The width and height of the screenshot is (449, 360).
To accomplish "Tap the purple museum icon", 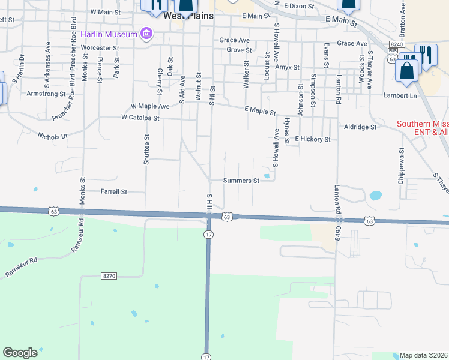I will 145,34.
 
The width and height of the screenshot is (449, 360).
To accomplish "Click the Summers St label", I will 241,180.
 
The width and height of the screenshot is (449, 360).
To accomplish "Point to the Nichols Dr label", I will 53,136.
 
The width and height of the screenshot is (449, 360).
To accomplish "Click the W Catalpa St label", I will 140,118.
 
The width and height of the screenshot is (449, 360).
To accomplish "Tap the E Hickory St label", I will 312,139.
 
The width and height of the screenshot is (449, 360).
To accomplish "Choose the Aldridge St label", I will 360,127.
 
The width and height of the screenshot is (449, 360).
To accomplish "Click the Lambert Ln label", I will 400,95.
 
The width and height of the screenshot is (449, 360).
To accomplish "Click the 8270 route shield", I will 109,275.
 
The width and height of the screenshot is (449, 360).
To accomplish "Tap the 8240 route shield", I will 396,44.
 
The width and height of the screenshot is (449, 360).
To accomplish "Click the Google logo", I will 20,352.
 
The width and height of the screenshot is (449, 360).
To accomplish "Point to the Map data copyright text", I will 424,355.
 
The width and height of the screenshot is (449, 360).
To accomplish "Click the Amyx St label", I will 287,68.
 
